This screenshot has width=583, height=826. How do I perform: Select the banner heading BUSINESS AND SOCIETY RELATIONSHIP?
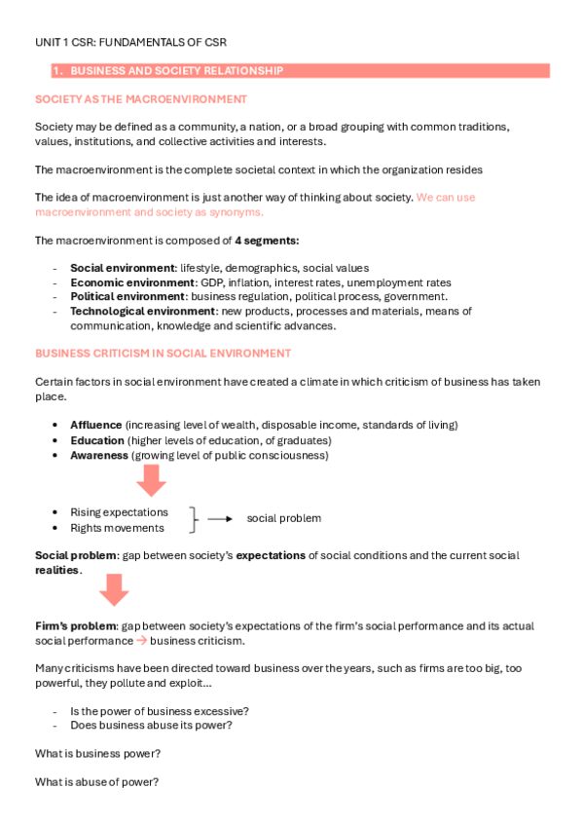coord(176,71)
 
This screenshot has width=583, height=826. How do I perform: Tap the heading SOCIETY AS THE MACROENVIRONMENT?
coord(141,99)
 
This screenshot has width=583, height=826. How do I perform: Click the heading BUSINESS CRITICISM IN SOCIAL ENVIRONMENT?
coord(163,353)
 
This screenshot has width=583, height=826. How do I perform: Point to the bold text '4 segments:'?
coord(267,241)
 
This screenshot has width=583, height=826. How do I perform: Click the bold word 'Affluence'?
coord(95,425)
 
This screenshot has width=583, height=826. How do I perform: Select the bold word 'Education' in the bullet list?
coord(96,440)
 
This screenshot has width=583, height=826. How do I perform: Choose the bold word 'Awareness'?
coord(98,455)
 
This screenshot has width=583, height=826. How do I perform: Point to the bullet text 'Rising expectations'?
coord(119,512)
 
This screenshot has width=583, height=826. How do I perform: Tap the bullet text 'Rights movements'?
coord(117,528)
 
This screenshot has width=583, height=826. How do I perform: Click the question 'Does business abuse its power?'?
coord(151,725)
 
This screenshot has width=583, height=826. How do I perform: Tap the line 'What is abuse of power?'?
coord(96,781)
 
